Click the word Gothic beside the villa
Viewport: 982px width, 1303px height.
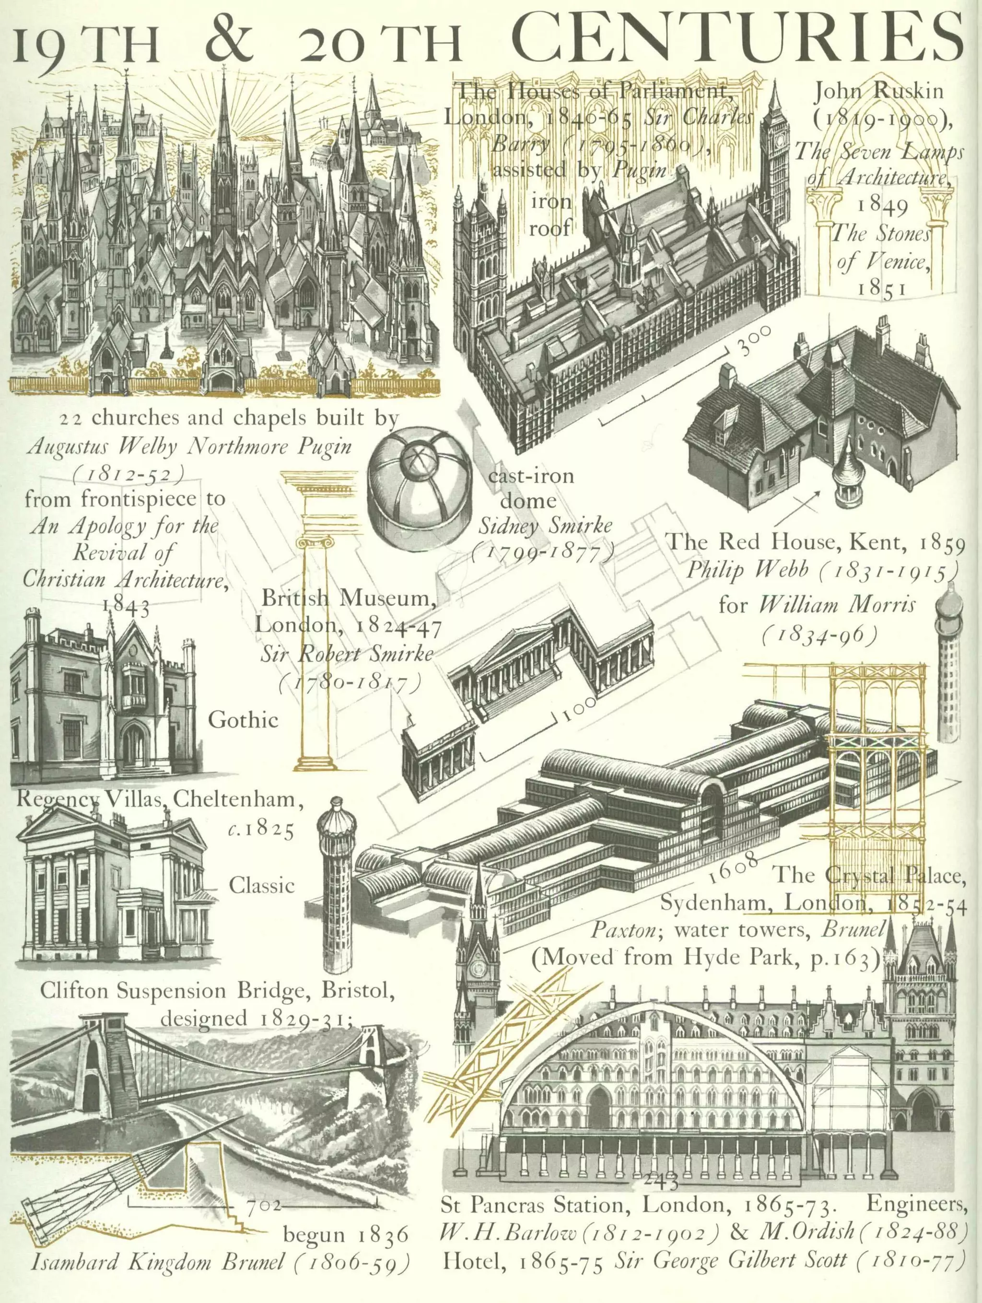point(243,720)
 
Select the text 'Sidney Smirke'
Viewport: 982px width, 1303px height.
point(545,526)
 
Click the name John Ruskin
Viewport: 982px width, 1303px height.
point(878,91)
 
